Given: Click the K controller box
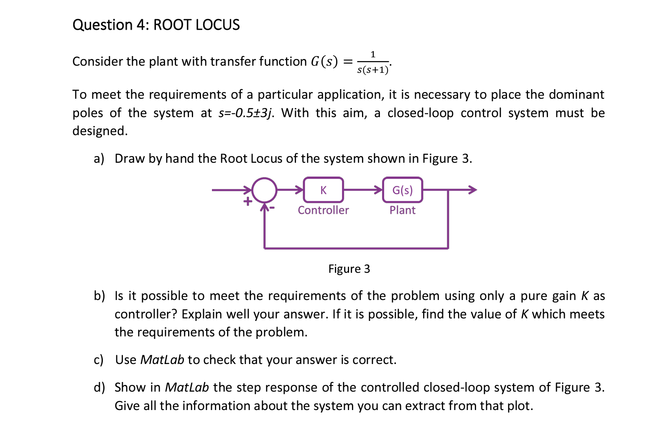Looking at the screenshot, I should pos(323,190).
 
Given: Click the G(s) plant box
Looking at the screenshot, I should pos(402,190).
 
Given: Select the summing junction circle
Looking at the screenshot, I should pos(264,190).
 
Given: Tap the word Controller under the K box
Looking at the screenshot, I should pos(323,210).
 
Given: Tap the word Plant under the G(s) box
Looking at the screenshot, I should pos(402,210).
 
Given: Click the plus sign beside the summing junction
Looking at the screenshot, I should pos(247,201).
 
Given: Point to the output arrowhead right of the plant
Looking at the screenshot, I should pos(472,190).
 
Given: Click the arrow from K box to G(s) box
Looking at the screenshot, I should pos(362,190).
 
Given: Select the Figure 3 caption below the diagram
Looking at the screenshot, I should pos(349,269).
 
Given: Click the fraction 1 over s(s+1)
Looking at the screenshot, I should pos(372,62).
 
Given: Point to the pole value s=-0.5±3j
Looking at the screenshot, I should pos(246,113).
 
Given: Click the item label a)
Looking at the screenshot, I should pos(99,159).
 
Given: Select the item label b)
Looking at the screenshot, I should pos(99,296).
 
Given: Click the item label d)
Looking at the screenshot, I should pos(99,387).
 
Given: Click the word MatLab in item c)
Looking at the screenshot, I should pos(162,360).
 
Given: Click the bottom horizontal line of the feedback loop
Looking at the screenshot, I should pos(355,249).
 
